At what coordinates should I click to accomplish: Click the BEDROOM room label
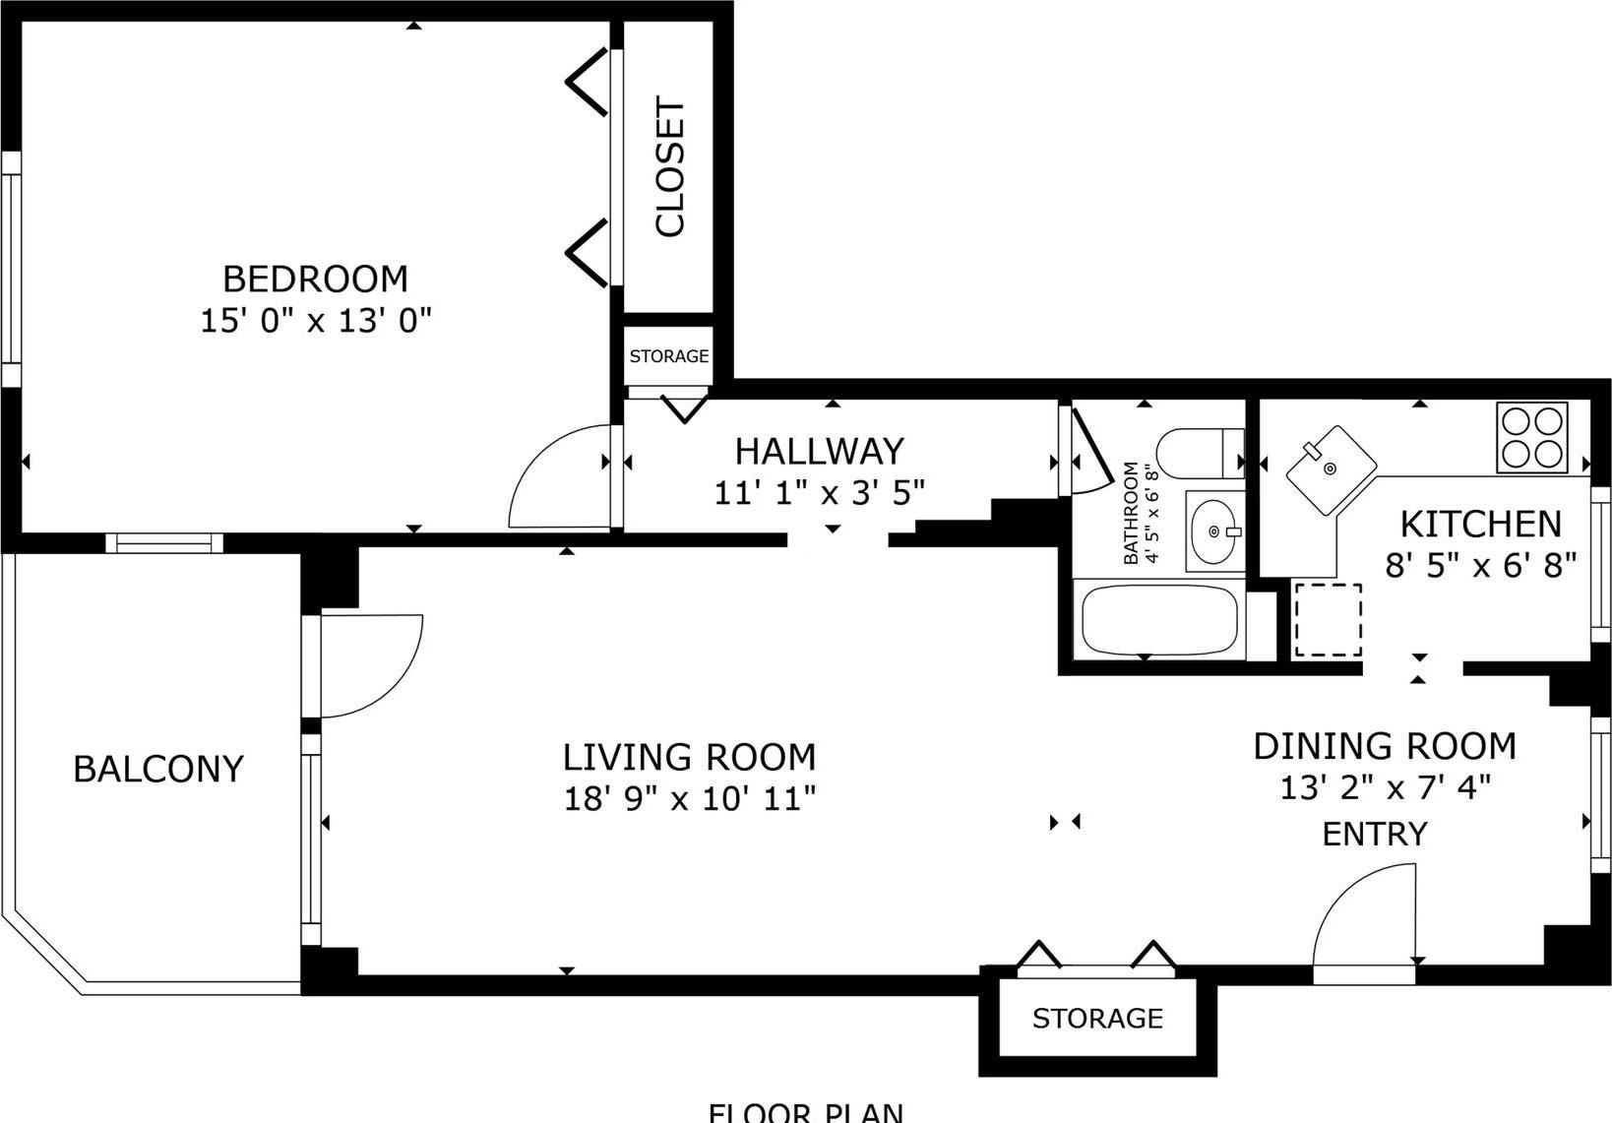click(315, 280)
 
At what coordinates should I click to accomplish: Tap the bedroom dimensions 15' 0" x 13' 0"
click(316, 322)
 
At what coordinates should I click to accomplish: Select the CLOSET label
click(670, 167)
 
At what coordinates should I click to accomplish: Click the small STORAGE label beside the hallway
click(669, 356)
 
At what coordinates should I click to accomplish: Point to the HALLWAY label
click(819, 451)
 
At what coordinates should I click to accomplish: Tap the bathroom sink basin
click(1213, 531)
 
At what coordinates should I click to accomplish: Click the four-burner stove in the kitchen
click(1531, 438)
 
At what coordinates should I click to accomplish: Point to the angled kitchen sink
click(1331, 470)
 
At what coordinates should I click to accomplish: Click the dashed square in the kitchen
click(1327, 620)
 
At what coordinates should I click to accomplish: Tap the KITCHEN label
click(1480, 524)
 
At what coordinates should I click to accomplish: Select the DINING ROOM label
click(1384, 747)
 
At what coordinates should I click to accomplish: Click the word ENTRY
click(1374, 835)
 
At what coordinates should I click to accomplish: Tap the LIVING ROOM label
click(689, 757)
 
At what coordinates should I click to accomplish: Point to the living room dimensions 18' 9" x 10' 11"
click(689, 798)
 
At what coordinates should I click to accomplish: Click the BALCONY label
click(158, 769)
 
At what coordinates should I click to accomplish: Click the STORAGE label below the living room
click(1097, 1019)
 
